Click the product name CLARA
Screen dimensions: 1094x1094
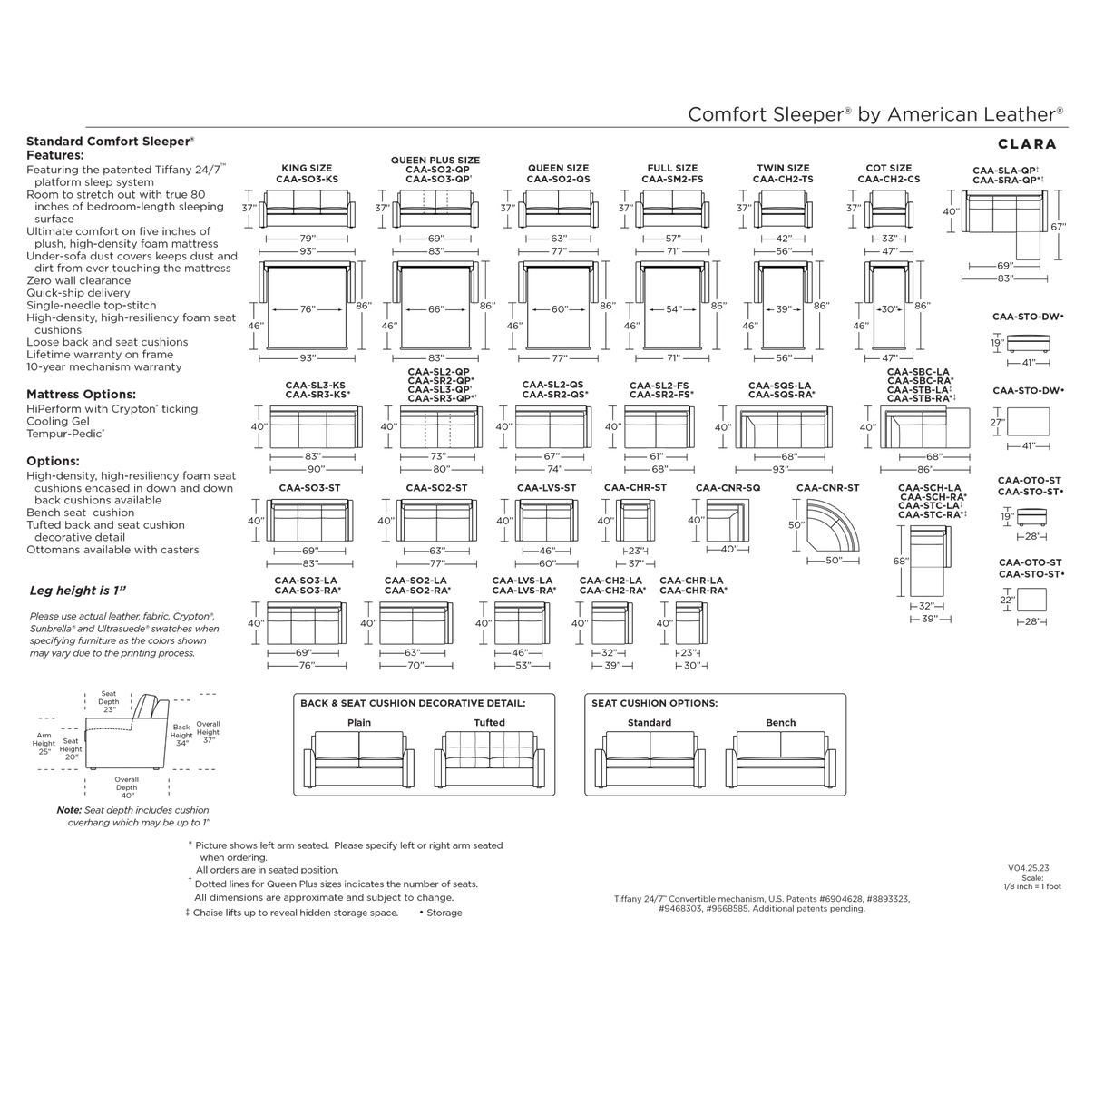(1026, 143)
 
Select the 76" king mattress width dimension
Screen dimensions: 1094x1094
(308, 310)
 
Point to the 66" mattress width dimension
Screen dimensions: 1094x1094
(436, 310)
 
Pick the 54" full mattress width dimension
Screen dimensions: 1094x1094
(673, 310)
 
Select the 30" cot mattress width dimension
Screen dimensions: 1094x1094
(890, 310)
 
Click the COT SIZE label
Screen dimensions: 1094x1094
(889, 169)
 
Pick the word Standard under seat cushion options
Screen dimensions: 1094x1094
(649, 722)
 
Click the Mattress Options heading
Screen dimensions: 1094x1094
(82, 396)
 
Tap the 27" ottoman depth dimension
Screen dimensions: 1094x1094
(999, 423)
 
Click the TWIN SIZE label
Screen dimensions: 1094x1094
(783, 169)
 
